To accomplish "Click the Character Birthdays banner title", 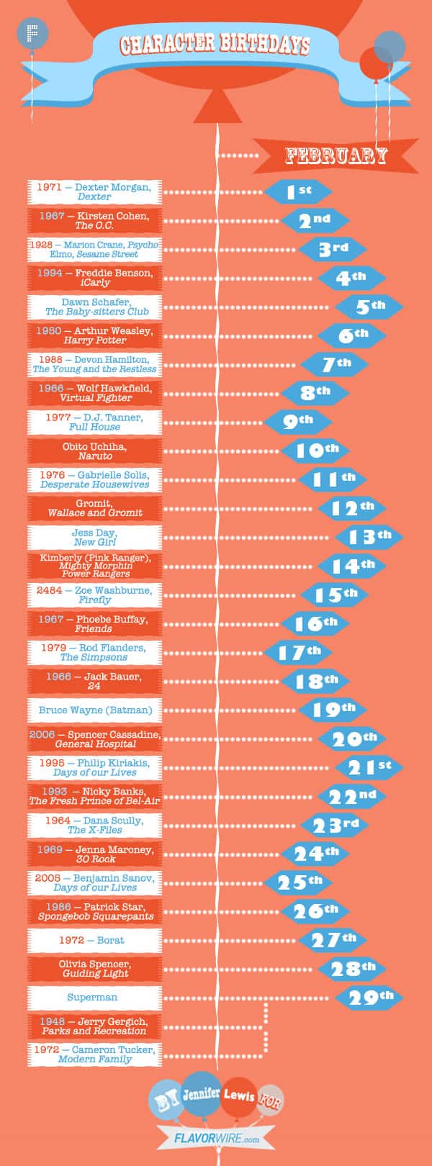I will pyautogui.click(x=215, y=45).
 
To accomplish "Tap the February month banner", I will pyautogui.click(x=336, y=155).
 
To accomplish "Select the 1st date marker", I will pyautogui.click(x=298, y=191).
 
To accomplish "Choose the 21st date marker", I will pyautogui.click(x=369, y=767).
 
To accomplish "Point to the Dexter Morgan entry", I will pyautogui.click(x=94, y=191).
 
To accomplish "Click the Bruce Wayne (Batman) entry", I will pyautogui.click(x=94, y=710).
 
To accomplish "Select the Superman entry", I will pyautogui.click(x=94, y=998).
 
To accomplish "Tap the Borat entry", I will pyautogui.click(x=94, y=940).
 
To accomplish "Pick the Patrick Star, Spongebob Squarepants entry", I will pyautogui.click(x=94, y=911).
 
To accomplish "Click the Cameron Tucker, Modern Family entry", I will pyautogui.click(x=94, y=1054).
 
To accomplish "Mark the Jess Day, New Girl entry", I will pyautogui.click(x=94, y=537).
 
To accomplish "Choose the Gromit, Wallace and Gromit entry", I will pyautogui.click(x=94, y=508).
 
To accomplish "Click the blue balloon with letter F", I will pyautogui.click(x=30, y=33).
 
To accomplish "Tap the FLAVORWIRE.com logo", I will pyautogui.click(x=216, y=1139).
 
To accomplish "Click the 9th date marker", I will pyautogui.click(x=298, y=422).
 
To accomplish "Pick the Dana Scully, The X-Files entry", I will pyautogui.click(x=94, y=825).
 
